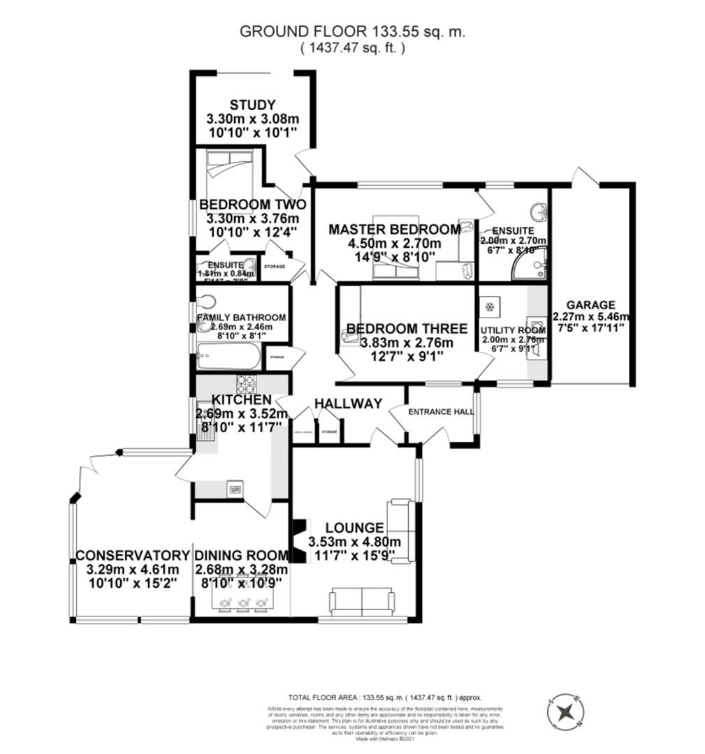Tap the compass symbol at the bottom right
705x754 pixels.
click(567, 712)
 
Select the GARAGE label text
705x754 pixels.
click(590, 305)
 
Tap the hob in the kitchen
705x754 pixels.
click(247, 385)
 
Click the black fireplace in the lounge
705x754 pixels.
click(298, 540)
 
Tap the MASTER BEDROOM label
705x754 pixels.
click(395, 230)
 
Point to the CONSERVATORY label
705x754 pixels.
click(133, 556)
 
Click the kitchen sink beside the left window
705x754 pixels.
click(205, 428)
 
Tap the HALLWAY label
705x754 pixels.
click(348, 404)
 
